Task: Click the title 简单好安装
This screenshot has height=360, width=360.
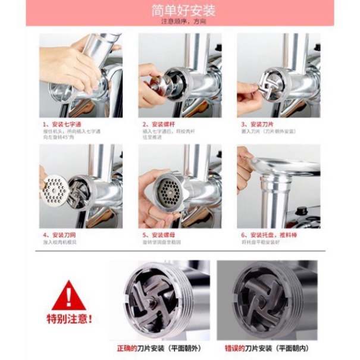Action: coord(179,10)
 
